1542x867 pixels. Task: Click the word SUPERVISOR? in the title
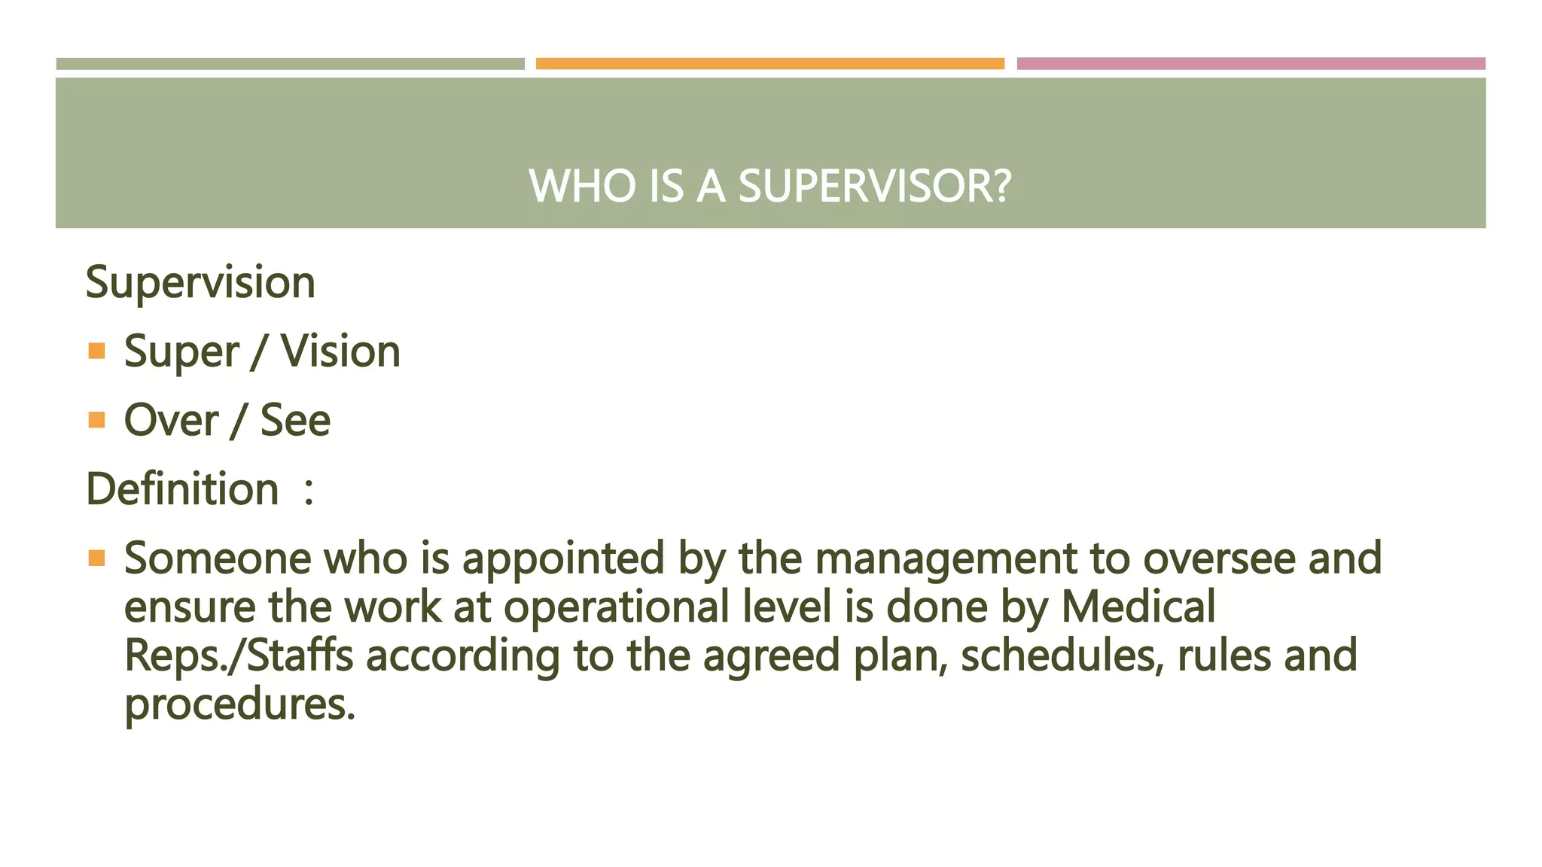[x=875, y=186]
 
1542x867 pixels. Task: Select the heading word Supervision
[x=200, y=282]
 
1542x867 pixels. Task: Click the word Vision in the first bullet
[x=340, y=351]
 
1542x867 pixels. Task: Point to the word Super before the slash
[x=181, y=352]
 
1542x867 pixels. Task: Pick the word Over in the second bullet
[x=171, y=420]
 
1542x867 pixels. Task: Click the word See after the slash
[x=295, y=420]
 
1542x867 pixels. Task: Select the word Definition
[x=183, y=489]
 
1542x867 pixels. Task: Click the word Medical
[x=1138, y=607]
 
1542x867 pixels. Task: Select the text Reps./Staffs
[x=239, y=656]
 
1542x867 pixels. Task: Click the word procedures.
[x=239, y=705]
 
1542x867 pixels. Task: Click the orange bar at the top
[x=769, y=64]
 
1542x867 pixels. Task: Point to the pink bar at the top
[x=1251, y=64]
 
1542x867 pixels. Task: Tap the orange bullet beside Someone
[x=96, y=558]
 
